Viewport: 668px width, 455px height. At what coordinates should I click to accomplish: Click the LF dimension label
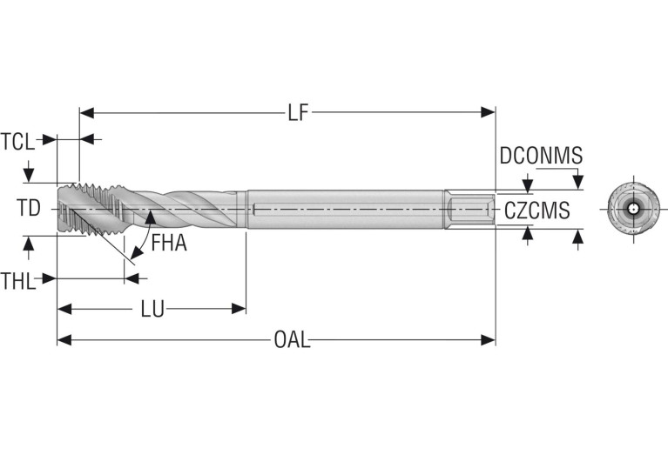298,113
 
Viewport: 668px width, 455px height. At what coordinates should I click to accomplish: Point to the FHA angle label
169,243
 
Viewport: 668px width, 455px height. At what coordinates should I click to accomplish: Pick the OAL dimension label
292,340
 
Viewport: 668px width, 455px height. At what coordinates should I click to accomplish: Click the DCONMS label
540,156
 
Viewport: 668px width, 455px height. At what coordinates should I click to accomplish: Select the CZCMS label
536,210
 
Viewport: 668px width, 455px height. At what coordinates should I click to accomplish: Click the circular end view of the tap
631,209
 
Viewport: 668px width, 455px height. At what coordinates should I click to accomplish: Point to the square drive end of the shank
469,210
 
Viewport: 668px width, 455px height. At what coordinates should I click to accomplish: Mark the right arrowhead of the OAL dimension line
489,340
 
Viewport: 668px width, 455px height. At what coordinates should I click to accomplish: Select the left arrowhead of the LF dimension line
84,113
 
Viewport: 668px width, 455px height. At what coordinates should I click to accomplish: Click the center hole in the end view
631,209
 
